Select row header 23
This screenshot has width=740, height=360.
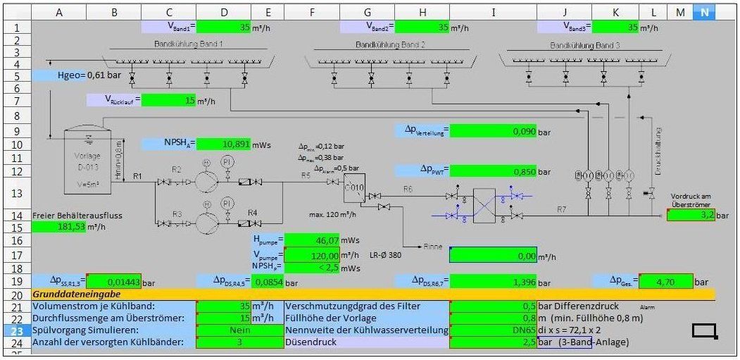[x=16, y=330]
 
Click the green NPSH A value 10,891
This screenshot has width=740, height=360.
[x=224, y=144]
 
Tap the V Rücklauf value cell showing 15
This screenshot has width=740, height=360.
[x=169, y=101]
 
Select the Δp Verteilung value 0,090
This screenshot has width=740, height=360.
[x=493, y=131]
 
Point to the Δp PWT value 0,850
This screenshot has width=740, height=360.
[x=493, y=170]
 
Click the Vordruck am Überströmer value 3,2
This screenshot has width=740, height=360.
[x=690, y=214]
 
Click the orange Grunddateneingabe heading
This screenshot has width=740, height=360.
[x=77, y=294]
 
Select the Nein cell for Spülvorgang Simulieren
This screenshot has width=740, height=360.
[x=239, y=330]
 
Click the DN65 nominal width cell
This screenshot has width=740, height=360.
[x=493, y=330]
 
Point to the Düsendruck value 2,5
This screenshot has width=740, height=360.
[x=493, y=343]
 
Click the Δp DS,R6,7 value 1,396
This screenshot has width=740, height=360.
[x=493, y=282]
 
